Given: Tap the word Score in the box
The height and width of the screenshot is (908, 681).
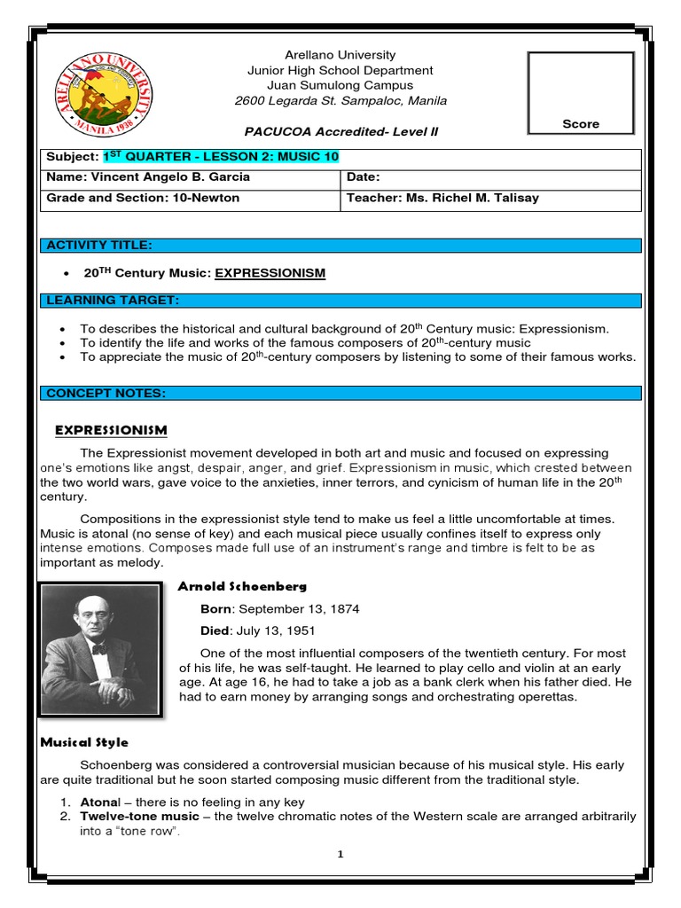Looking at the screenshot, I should [581, 124].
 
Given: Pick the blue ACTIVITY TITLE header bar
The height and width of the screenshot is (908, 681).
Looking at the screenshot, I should [341, 245].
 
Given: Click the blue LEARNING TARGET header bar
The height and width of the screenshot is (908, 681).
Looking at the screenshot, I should [341, 301].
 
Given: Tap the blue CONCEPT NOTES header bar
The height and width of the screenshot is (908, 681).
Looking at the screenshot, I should [341, 393].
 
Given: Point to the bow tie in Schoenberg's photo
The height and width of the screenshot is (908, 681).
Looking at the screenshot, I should [99, 649].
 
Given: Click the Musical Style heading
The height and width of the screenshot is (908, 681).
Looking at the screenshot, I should [84, 742].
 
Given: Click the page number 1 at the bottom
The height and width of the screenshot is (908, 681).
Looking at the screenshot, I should [340, 854].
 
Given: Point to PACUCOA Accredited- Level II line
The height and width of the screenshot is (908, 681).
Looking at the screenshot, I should [336, 132].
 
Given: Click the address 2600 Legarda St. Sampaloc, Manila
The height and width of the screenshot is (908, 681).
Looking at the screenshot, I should [340, 101].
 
